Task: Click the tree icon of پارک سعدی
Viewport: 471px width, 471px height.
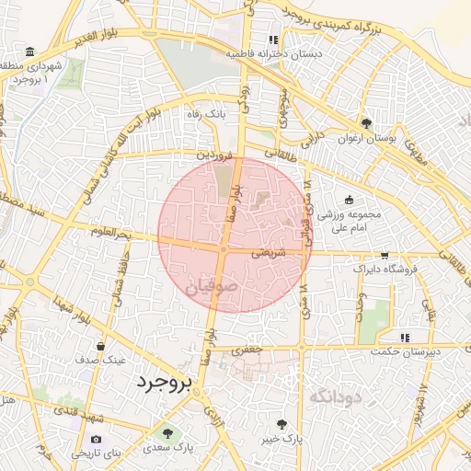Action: [x=167, y=432]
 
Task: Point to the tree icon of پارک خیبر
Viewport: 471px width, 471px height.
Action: [x=281, y=424]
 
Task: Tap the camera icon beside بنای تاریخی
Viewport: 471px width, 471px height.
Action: [x=97, y=439]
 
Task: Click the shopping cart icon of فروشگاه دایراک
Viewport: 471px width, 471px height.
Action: [x=385, y=256]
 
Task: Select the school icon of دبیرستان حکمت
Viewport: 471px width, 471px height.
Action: [x=406, y=338]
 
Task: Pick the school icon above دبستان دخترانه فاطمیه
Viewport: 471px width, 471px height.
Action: [x=272, y=40]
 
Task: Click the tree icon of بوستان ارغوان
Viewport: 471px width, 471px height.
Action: [x=366, y=123]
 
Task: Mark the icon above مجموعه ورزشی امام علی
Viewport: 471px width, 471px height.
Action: [x=348, y=200]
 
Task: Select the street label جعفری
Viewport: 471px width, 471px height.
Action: [x=248, y=350]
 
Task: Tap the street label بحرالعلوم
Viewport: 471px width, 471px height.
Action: [x=112, y=232]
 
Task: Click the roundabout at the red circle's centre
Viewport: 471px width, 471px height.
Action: [x=224, y=249]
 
